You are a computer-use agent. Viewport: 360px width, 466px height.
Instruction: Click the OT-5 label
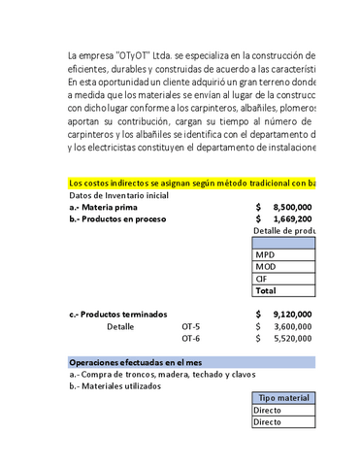(x=190, y=326)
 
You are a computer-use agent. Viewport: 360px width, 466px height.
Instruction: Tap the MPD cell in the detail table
(x=265, y=254)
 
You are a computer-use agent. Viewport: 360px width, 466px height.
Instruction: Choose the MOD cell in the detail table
(x=266, y=266)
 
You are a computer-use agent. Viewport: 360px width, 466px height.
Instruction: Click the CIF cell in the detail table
(x=262, y=278)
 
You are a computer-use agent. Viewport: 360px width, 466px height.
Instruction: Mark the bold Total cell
(x=266, y=290)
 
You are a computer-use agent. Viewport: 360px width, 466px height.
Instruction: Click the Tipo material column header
(x=283, y=398)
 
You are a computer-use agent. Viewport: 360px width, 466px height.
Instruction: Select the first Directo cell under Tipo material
(x=268, y=411)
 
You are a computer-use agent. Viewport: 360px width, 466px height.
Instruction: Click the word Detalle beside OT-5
(x=120, y=326)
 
